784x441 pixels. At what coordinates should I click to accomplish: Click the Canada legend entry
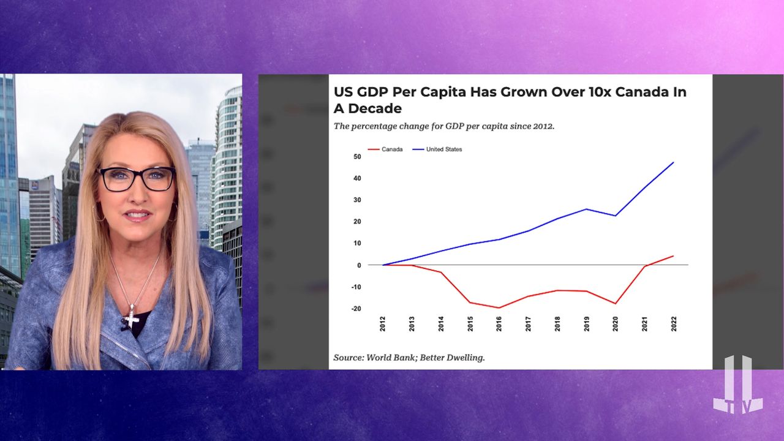(x=391, y=149)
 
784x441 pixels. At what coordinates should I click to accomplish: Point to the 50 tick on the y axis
(x=340, y=157)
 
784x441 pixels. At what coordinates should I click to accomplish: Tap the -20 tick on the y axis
(x=339, y=309)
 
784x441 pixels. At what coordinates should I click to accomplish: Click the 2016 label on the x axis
(x=500, y=324)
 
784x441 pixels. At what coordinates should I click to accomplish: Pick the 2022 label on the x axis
(x=674, y=324)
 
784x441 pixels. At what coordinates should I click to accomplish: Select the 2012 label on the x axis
(x=383, y=324)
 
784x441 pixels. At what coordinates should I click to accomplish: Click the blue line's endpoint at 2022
(x=674, y=162)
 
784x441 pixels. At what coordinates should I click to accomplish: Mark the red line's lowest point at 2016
(x=500, y=307)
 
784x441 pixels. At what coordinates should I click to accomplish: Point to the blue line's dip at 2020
(x=615, y=216)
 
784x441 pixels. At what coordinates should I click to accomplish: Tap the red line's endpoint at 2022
(x=674, y=256)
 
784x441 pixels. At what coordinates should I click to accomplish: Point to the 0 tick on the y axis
(x=342, y=265)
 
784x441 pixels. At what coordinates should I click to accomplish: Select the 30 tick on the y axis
(x=340, y=200)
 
